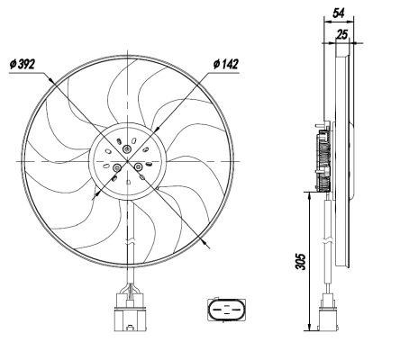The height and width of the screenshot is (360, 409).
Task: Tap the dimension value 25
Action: click(x=343, y=33)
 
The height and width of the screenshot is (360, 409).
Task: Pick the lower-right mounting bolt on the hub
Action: click(x=138, y=166)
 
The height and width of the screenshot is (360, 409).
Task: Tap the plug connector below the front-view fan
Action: click(x=127, y=310)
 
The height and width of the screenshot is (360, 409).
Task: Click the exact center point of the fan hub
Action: click(x=127, y=159)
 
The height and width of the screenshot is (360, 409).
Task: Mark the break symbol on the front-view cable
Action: click(x=131, y=239)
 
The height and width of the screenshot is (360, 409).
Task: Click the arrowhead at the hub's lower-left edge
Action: click(x=99, y=190)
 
